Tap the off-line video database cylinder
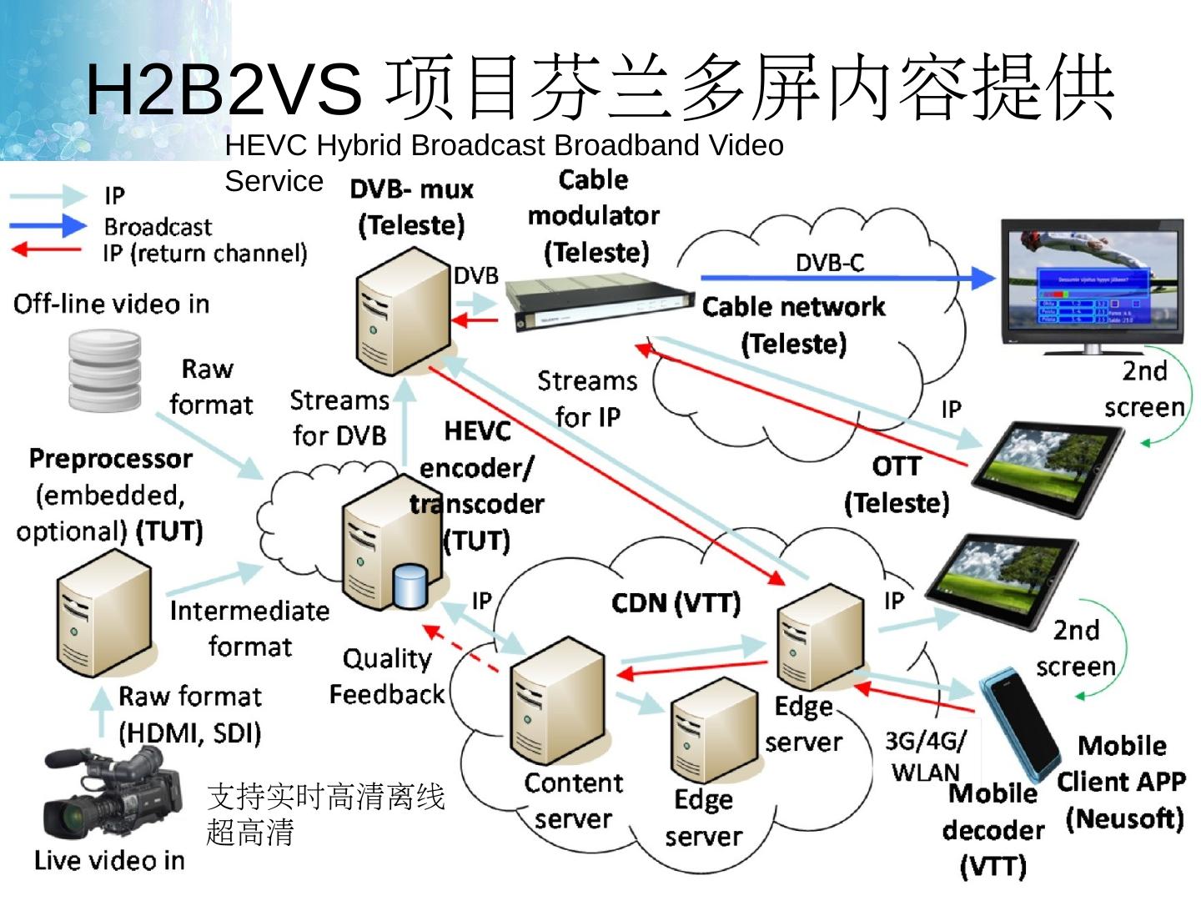coord(104,370)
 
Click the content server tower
coord(557,703)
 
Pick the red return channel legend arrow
coord(47,249)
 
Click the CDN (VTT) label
coord(676,603)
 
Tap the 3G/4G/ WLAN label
coord(926,755)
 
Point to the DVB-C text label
coord(829,263)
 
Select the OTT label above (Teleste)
coord(897,466)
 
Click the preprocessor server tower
coord(103,613)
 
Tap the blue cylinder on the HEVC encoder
coord(410,586)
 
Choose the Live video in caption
coord(109,860)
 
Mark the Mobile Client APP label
coord(1122,763)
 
